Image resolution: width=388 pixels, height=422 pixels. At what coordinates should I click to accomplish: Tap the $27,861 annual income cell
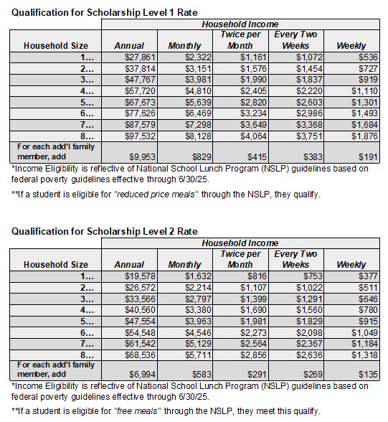click(130, 57)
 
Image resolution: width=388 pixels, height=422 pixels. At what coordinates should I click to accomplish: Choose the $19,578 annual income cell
click(130, 276)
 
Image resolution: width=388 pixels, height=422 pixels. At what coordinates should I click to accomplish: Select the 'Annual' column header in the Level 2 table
click(129, 265)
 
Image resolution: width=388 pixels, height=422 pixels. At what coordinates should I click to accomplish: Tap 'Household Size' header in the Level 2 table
click(56, 264)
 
